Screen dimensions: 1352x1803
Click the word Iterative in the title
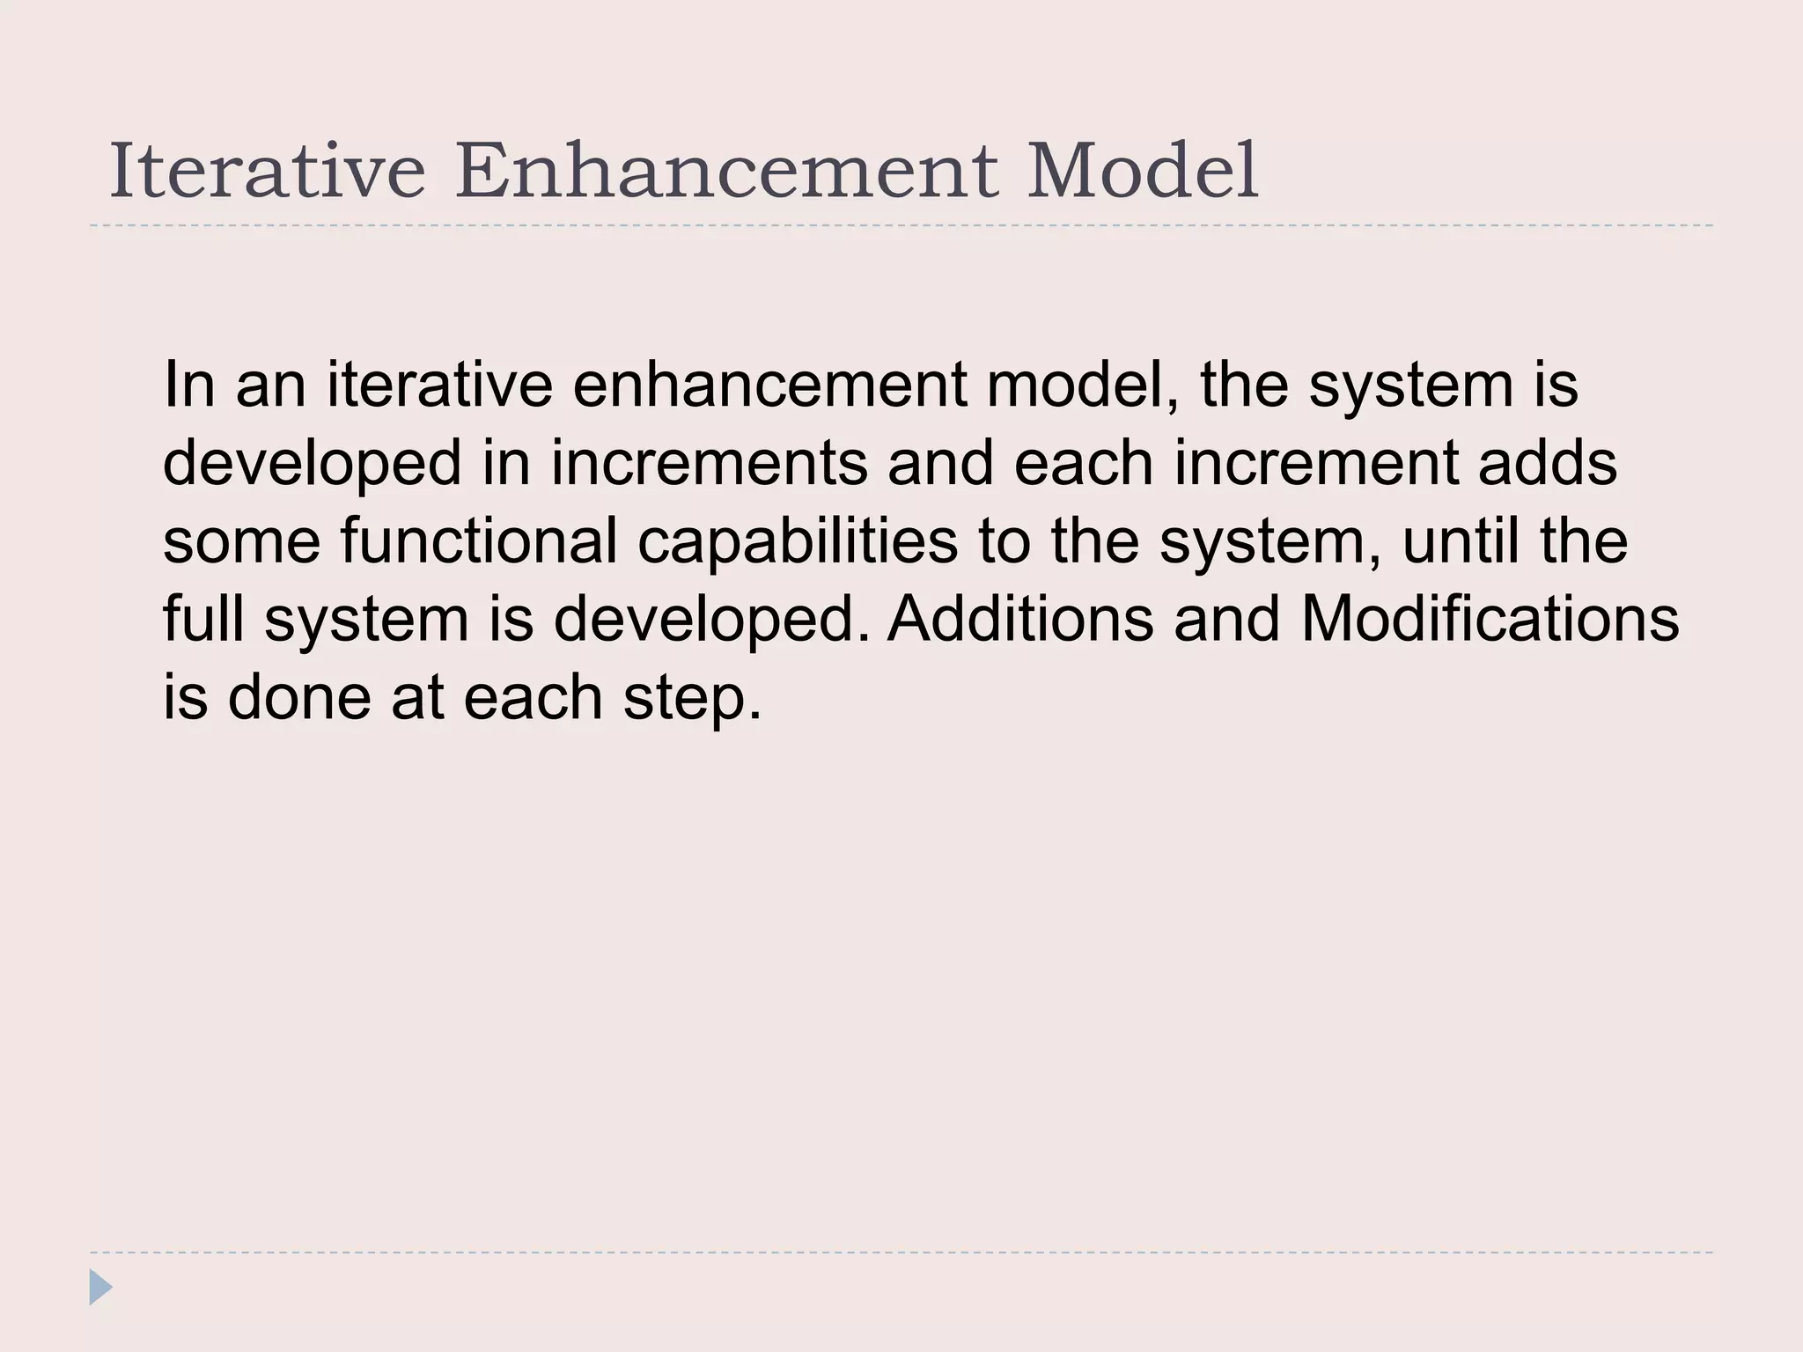[x=267, y=171]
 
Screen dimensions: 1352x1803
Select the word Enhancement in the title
[x=726, y=171]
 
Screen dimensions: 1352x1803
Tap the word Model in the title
[x=1142, y=171]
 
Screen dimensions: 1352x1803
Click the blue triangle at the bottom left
[x=100, y=1287]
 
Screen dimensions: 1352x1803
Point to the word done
[x=299, y=697]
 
